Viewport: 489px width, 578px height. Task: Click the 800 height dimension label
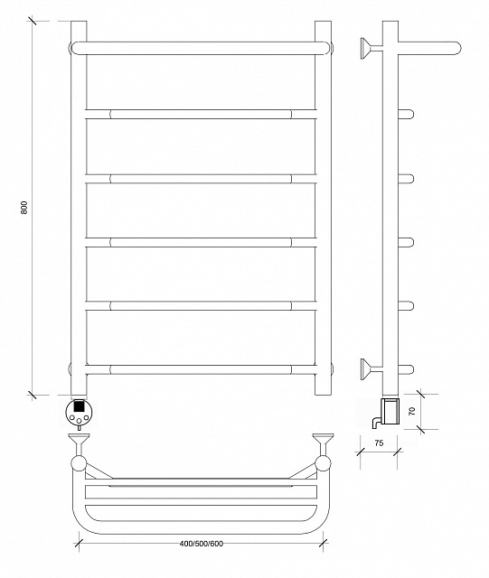(x=24, y=208)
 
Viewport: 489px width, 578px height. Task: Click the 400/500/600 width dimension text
(x=202, y=544)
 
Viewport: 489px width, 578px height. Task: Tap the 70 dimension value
(x=412, y=411)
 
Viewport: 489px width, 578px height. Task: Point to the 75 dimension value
(x=379, y=443)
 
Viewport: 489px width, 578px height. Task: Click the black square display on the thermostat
(x=79, y=406)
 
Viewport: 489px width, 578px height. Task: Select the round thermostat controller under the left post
(x=79, y=413)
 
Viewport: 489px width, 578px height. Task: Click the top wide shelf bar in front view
(x=202, y=48)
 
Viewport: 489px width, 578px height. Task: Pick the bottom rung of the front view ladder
(x=202, y=369)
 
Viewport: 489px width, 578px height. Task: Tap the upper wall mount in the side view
(x=371, y=48)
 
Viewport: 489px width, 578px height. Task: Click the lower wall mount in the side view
(x=371, y=369)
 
